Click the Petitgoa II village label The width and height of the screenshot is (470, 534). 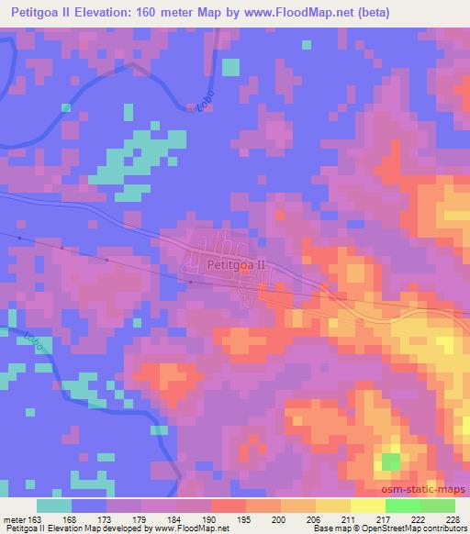236,263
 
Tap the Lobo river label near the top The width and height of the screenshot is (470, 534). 204,100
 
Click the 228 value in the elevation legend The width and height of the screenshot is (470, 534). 452,518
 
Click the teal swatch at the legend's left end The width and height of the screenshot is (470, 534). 55,506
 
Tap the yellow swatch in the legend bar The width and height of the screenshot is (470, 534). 367,506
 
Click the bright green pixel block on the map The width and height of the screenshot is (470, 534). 391,462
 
